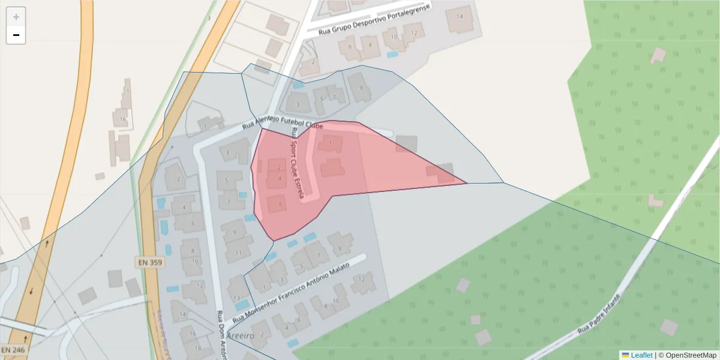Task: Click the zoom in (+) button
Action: click(x=16, y=17)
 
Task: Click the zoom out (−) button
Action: click(x=16, y=35)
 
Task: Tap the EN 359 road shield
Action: click(x=149, y=262)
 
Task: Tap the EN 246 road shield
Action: click(x=12, y=349)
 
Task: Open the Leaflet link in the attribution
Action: click(x=641, y=355)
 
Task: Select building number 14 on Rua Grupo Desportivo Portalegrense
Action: click(x=460, y=16)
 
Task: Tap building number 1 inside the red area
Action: click(x=330, y=143)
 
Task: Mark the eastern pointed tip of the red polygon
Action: click(x=467, y=184)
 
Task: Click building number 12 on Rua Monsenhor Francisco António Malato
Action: click(x=361, y=279)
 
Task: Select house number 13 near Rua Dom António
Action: click(x=237, y=298)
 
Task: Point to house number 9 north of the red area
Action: click(x=361, y=88)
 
